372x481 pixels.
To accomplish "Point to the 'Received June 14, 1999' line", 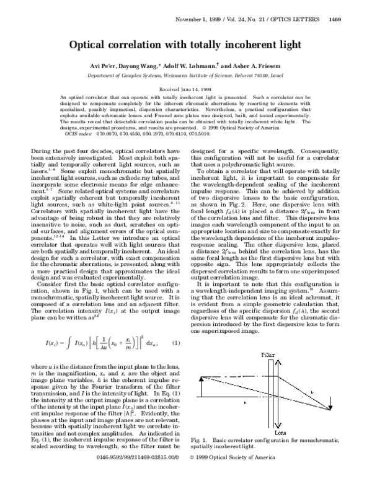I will point(185,90).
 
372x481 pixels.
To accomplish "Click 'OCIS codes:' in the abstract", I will point(81,133).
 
